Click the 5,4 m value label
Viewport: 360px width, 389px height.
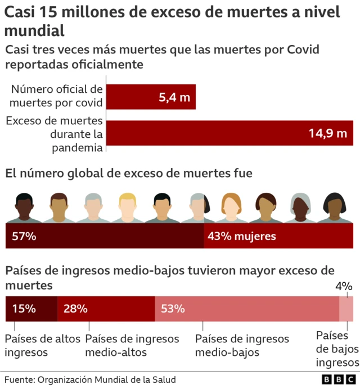coord(174,97)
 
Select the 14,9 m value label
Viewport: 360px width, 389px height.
coord(327,133)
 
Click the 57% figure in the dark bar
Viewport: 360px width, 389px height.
coord(24,237)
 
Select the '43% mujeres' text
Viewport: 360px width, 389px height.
coord(242,237)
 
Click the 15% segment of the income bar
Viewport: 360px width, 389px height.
coord(31,309)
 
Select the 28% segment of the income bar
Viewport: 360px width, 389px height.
coord(106,309)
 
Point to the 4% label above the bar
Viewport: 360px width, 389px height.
coord(343,286)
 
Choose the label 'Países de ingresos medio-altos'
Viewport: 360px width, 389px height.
coord(132,346)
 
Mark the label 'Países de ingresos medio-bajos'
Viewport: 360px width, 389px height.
coord(242,346)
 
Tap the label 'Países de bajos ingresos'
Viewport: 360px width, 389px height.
coord(337,349)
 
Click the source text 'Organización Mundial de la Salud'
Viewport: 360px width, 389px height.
coord(106,379)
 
